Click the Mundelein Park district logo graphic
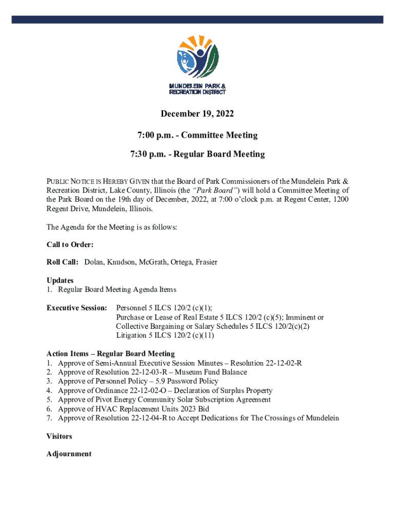pos(197,57)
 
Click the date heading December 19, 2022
pos(197,114)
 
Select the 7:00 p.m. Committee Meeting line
pos(197,135)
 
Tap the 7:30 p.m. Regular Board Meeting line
pos(197,154)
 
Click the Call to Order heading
pos(70,245)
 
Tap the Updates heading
pos(60,280)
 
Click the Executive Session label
pos(76,308)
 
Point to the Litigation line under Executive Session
pos(165,335)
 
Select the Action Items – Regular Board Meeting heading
pos(111,353)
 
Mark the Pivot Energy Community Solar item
pos(164,400)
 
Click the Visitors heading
pos(60,436)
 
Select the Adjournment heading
pos(69,454)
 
